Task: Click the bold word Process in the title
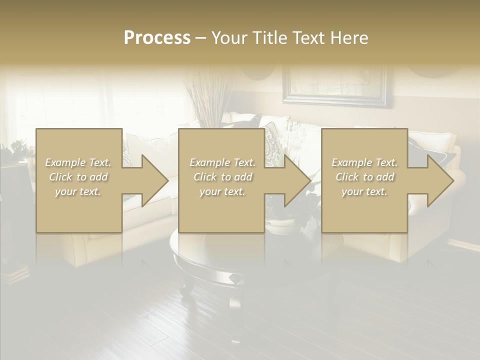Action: pos(157,38)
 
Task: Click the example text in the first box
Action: pos(78,177)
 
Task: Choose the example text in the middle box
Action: pos(222,177)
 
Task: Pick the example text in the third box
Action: pos(364,177)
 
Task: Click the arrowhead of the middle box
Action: pos(296,180)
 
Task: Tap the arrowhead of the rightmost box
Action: pos(439,180)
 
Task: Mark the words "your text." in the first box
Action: pos(78,191)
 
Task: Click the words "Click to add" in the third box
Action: pos(364,177)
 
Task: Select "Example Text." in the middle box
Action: pos(222,162)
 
